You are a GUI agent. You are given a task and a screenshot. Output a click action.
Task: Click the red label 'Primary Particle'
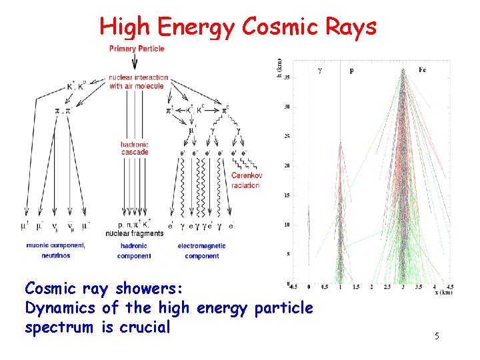coord(137,49)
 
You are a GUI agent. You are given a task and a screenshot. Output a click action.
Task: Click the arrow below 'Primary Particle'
coord(136,62)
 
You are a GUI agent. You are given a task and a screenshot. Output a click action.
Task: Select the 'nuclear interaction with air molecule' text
coord(138,81)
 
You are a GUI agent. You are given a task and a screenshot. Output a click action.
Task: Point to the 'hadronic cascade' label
coord(135,148)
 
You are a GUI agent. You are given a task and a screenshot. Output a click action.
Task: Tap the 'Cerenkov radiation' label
coord(246,180)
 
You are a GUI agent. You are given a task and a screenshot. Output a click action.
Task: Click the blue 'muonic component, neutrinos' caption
coord(56,251)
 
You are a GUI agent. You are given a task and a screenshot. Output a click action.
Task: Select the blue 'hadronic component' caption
coord(133,251)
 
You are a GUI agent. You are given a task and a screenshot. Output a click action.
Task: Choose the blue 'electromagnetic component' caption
coord(201,251)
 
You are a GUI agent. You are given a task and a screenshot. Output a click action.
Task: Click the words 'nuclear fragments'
coord(134,234)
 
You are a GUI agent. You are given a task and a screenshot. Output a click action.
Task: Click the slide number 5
coord(437,337)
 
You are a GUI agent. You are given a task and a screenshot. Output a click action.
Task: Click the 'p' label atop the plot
coord(351,70)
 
